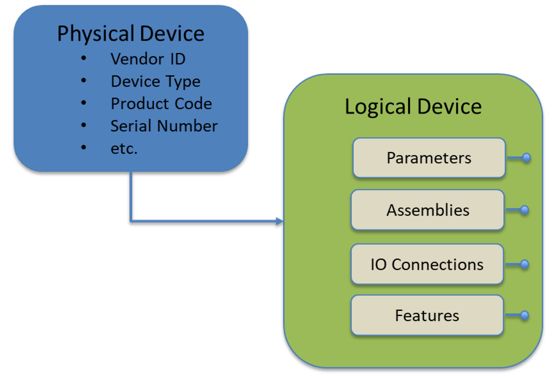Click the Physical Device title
(131, 34)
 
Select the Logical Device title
(413, 107)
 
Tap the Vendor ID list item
(148, 59)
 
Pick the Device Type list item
(155, 82)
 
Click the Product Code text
(161, 104)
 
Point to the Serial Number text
(164, 126)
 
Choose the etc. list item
(124, 149)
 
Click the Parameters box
(429, 158)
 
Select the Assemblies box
(427, 210)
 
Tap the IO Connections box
(427, 264)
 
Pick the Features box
(427, 315)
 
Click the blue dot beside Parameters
(527, 158)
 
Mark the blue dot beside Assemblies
(525, 210)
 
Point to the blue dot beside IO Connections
(525, 264)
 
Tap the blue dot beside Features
(525, 315)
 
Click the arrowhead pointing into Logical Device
(280, 222)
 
